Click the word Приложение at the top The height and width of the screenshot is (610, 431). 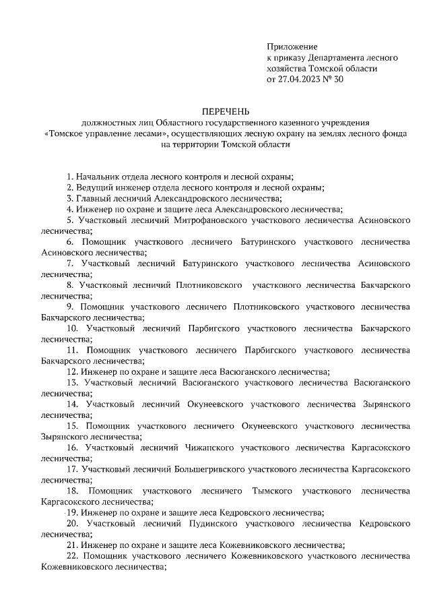(x=292, y=47)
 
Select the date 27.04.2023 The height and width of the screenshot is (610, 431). (x=304, y=79)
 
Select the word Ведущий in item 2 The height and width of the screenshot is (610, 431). (x=94, y=187)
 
